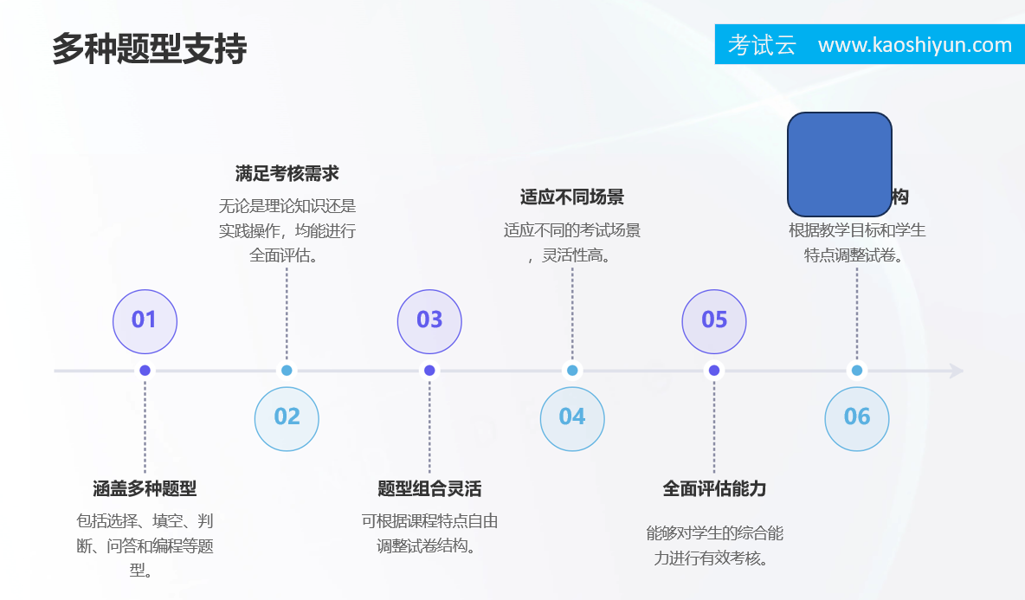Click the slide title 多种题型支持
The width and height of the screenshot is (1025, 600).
click(150, 48)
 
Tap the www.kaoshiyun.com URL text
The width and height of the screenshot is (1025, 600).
click(914, 45)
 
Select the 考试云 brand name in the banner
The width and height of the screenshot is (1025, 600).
click(762, 45)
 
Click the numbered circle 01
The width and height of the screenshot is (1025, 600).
click(145, 320)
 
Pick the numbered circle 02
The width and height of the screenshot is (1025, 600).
click(287, 418)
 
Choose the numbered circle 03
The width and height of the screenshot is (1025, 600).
click(429, 320)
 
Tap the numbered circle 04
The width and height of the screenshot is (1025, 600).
click(572, 418)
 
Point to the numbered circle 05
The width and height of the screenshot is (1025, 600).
click(714, 320)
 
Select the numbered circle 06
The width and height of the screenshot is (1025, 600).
click(857, 418)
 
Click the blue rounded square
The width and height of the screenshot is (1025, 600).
click(839, 164)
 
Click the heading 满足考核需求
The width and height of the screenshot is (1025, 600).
click(287, 174)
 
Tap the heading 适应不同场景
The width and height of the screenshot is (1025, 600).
click(572, 197)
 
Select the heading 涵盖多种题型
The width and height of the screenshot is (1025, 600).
click(145, 489)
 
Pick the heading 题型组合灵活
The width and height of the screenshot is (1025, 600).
click(429, 489)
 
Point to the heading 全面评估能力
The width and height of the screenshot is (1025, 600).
click(714, 489)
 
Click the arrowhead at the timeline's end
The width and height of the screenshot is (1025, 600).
click(957, 371)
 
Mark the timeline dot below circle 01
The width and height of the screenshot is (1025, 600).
click(145, 371)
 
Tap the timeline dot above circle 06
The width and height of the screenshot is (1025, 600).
click(857, 371)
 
